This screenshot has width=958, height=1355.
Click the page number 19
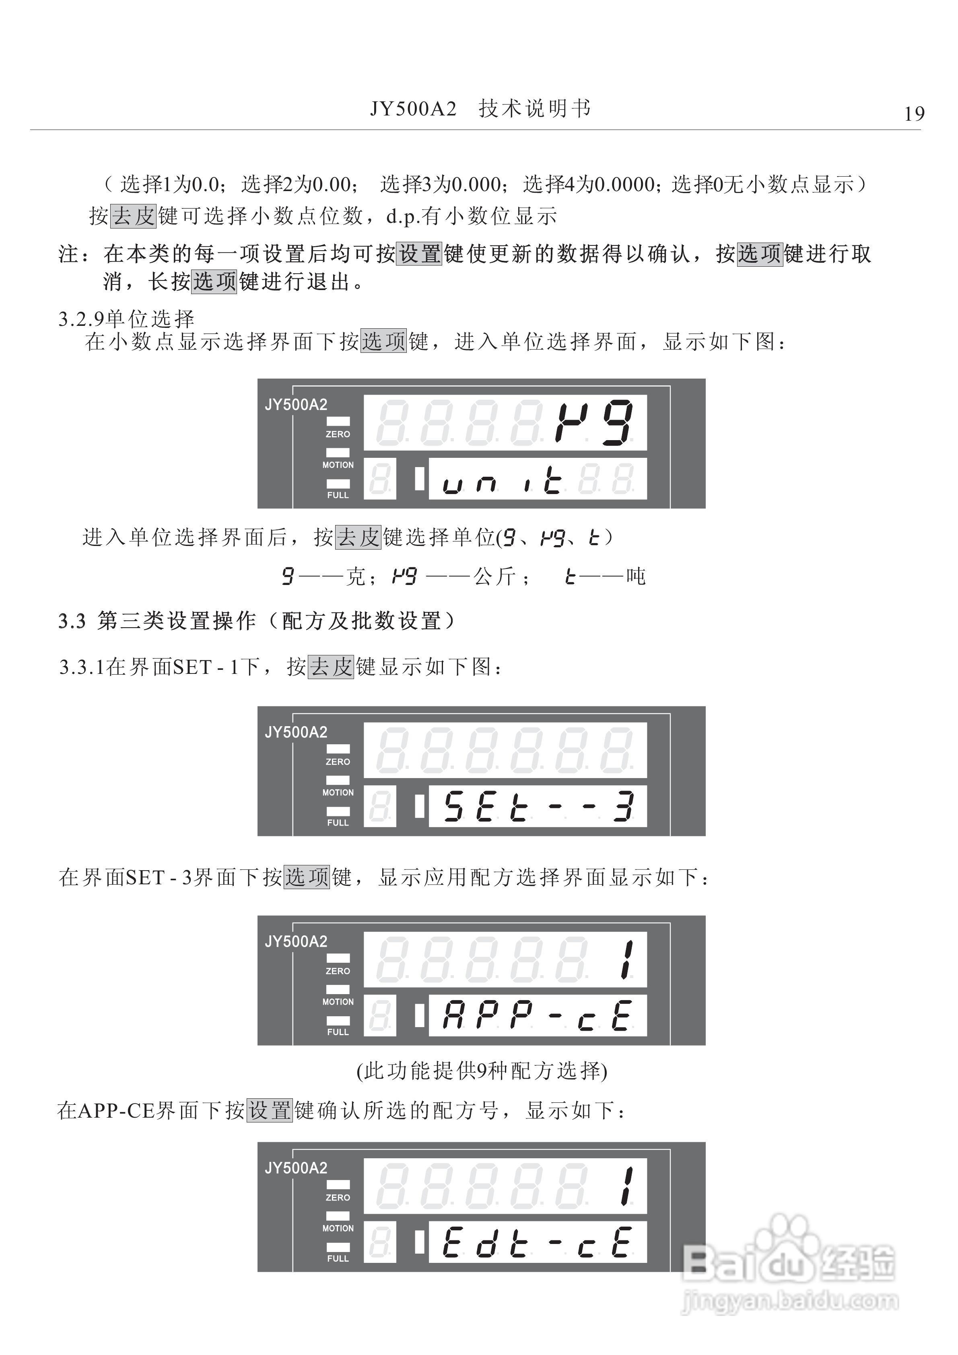coord(914,113)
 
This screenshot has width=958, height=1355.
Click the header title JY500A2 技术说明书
coord(480,109)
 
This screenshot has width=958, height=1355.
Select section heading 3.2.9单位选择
coord(126,319)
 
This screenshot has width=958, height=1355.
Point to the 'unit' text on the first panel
coord(502,480)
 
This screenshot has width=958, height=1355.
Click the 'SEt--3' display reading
coord(538,807)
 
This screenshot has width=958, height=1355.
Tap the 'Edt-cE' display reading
coord(538,1242)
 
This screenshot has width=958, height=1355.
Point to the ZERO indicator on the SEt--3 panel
coord(338,761)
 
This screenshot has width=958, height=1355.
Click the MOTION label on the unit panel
coord(338,465)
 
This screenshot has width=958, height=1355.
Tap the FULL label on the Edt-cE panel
coord(338,1258)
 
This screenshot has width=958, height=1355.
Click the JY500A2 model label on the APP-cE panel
coord(296,941)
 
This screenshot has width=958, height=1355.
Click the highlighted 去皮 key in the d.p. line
coord(134,216)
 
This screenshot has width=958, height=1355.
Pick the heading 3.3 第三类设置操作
coord(257,621)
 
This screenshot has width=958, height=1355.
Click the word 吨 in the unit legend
coord(636,576)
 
